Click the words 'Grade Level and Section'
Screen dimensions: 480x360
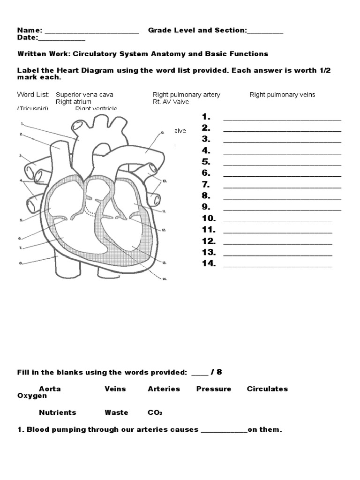(197, 30)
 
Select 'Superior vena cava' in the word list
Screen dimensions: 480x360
(84, 95)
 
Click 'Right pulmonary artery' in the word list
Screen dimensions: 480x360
(186, 95)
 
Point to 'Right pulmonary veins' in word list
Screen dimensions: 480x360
(282, 95)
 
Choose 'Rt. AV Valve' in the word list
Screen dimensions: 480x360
(171, 102)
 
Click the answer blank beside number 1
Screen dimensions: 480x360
(282, 119)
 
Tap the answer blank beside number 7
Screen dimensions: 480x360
(282, 187)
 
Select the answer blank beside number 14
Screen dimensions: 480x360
(277, 266)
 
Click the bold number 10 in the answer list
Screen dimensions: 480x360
(209, 218)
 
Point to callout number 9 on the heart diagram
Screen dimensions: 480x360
(162, 133)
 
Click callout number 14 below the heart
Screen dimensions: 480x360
(164, 279)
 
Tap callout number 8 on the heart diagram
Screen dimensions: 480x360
(21, 263)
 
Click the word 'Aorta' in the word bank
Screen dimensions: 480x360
(50, 389)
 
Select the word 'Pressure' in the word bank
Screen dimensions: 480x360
(214, 389)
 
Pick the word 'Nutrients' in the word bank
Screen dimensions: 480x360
(57, 412)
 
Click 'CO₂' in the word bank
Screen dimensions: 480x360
(155, 412)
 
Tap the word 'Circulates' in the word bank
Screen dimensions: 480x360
(267, 389)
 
